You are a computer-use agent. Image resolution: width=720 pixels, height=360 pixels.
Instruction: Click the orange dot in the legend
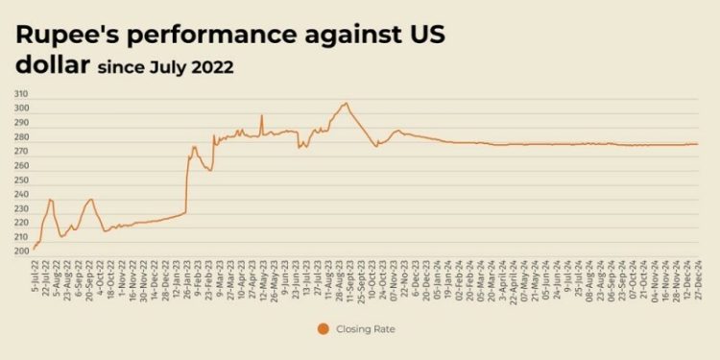322,329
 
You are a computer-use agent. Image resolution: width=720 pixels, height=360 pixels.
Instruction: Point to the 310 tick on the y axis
20,94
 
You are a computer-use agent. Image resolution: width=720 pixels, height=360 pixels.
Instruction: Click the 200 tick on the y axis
20,252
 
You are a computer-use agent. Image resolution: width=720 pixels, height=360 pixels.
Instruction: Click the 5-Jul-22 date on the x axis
34,276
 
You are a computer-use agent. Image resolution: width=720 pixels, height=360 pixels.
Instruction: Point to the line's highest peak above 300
346,103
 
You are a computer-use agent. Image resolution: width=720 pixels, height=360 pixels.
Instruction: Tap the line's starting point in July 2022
34,249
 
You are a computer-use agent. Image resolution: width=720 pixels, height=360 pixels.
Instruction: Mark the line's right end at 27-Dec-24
698,144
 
